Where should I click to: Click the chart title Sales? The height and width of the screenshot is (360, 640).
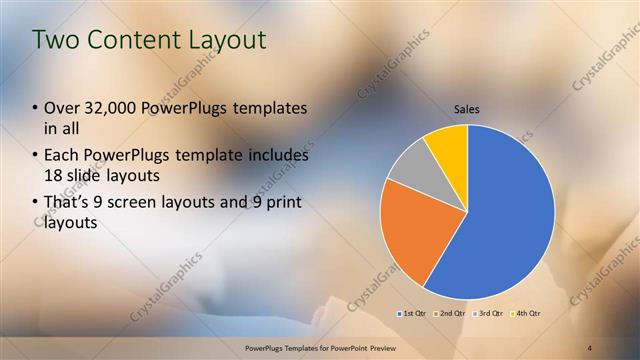point(467,108)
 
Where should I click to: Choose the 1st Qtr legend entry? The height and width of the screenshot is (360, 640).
point(412,314)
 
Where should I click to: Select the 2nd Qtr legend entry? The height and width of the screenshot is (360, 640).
point(450,314)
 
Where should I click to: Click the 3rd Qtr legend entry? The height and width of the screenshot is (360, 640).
point(488,314)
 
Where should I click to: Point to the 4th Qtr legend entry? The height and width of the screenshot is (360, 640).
point(526,314)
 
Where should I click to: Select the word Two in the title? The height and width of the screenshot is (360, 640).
point(54,40)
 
